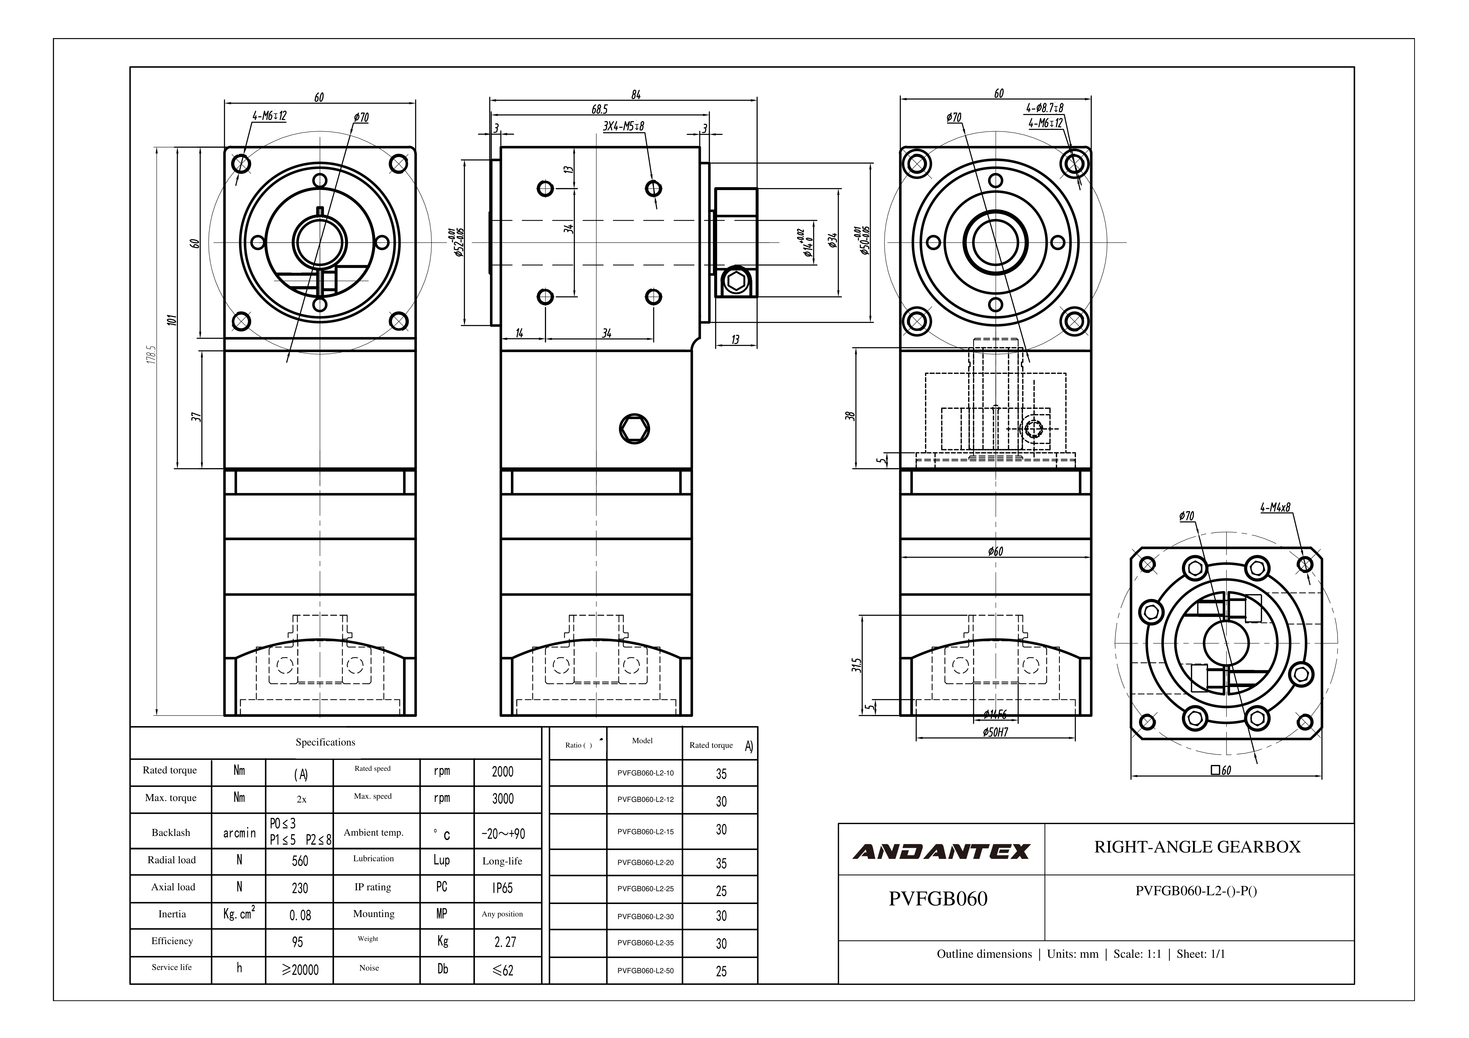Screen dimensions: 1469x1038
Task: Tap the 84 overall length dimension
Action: click(x=635, y=95)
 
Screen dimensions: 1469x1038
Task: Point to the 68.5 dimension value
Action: click(x=600, y=110)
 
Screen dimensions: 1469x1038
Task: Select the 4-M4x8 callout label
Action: click(x=1275, y=507)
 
